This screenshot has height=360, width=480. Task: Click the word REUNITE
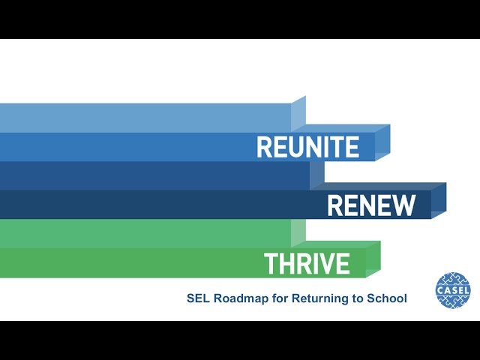[308, 147]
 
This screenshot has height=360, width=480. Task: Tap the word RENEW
[371, 205]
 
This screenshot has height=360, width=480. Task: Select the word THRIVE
[307, 263]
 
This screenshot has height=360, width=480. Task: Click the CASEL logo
[453, 290]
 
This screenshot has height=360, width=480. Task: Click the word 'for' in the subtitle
[280, 298]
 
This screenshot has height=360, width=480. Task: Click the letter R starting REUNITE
[264, 147]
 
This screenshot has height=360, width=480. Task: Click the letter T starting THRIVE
[271, 263]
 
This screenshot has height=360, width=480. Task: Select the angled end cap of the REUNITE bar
[382, 142]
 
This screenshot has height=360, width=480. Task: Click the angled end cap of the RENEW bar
[439, 200]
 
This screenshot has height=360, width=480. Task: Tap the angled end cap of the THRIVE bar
[373, 259]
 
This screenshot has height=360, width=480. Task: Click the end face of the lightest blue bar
[298, 114]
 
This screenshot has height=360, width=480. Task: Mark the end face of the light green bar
[298, 233]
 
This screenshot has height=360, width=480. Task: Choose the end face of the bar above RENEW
[317, 175]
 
